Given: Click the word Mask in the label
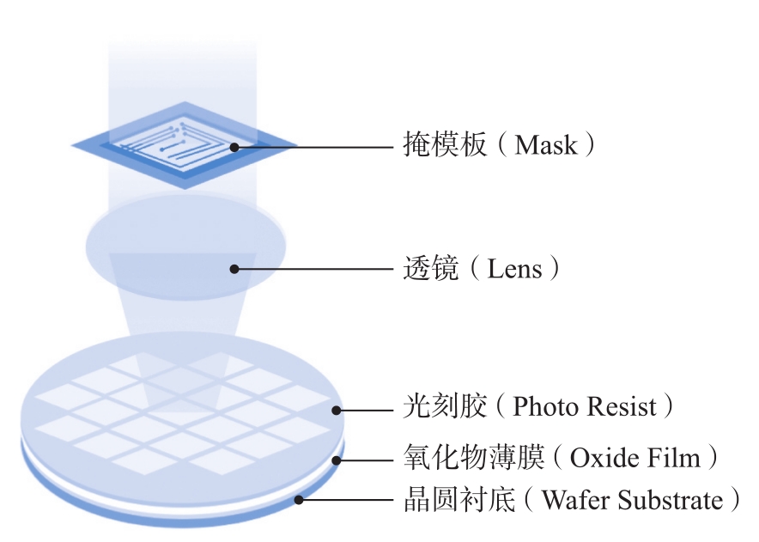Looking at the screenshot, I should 546,144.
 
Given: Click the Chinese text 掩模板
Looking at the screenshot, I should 437,144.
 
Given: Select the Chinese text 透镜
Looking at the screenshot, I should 426,269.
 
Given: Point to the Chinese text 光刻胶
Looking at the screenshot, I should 437,406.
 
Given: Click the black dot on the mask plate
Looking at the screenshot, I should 235,147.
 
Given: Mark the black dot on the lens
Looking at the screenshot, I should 235,269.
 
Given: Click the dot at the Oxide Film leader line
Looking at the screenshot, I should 337,460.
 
